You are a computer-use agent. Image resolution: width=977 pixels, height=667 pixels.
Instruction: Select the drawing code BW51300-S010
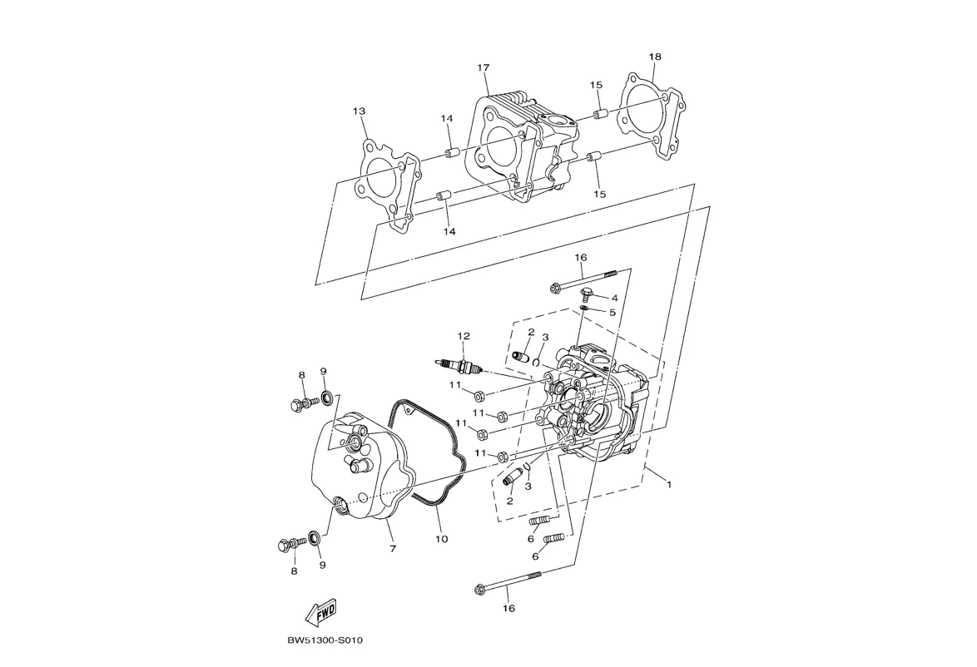point(325,640)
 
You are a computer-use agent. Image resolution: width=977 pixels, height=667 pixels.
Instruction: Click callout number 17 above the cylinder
point(484,68)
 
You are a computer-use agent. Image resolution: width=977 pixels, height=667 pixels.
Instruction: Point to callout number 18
point(654,57)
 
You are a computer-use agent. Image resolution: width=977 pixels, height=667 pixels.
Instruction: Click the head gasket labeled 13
point(388,186)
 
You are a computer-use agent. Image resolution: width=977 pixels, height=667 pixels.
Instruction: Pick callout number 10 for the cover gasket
point(441,539)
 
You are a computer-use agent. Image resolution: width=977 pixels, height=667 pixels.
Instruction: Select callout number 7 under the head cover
point(393,549)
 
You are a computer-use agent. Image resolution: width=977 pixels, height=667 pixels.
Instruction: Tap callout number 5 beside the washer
point(612,312)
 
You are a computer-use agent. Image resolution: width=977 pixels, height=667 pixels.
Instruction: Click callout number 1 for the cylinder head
point(669,483)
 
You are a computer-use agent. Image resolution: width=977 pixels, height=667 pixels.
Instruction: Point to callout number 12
point(463,336)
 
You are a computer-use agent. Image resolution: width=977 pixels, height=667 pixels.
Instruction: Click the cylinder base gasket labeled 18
point(653,117)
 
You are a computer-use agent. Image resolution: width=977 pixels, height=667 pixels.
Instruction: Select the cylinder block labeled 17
point(523,147)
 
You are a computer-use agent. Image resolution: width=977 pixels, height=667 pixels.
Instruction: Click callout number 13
point(359,111)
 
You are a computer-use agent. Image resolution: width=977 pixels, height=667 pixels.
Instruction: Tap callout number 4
point(614,299)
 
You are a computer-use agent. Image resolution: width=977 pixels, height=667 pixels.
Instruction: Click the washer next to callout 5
point(584,308)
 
